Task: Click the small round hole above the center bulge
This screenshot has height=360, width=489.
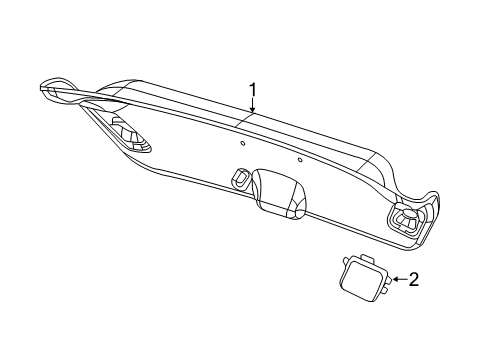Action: [x=299, y=159]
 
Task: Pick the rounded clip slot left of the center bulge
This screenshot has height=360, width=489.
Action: [x=240, y=177]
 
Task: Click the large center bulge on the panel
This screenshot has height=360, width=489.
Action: [x=280, y=190]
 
